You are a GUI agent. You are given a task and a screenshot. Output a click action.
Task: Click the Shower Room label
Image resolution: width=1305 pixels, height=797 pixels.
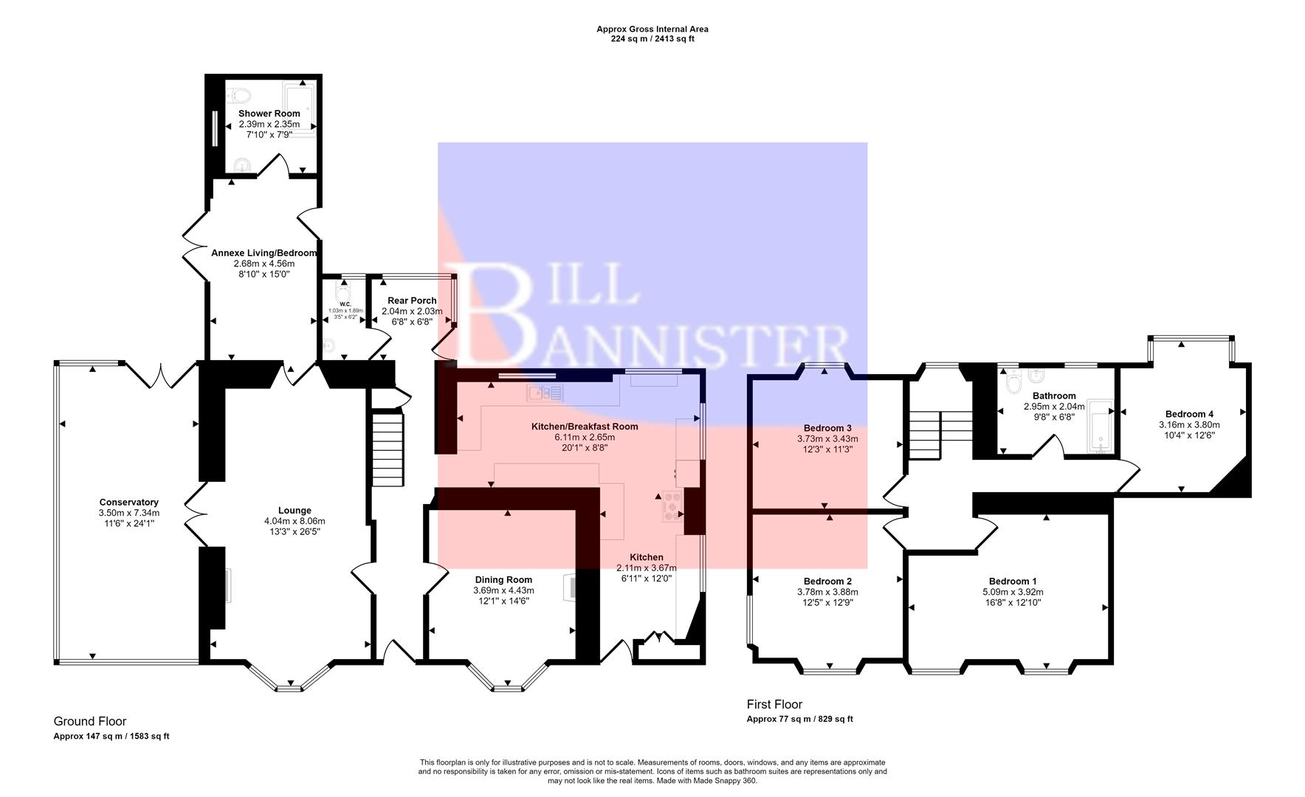tap(269, 114)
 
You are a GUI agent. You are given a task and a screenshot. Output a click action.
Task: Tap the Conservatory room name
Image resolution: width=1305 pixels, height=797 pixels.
tap(128, 503)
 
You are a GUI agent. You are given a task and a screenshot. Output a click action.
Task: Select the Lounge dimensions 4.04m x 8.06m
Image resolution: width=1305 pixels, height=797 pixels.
tap(295, 521)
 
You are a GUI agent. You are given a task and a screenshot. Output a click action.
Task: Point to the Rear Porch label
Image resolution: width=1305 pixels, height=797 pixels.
tap(412, 300)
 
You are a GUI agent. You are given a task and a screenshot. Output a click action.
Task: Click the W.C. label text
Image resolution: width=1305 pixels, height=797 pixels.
tap(345, 304)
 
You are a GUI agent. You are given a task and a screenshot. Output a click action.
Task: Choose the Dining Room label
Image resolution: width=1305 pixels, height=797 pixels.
tap(503, 579)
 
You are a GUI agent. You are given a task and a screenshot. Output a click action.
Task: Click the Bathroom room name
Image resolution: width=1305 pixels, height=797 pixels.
tap(1054, 396)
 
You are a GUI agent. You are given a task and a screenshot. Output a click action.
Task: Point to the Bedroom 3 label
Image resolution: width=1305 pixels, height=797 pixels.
tap(827, 428)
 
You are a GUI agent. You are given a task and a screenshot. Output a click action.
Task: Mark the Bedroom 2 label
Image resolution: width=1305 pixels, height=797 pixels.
tap(827, 581)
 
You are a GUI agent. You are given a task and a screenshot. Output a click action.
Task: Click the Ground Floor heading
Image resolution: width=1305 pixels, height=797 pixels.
tap(90, 721)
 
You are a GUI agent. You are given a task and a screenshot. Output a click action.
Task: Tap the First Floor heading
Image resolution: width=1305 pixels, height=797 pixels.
tap(774, 704)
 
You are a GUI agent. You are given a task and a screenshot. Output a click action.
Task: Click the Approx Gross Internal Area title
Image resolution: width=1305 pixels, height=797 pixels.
tap(652, 30)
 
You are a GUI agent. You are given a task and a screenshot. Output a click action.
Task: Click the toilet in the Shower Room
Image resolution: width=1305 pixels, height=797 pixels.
tap(239, 94)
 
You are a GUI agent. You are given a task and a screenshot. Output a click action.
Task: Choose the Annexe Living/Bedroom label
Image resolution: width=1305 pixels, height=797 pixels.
tap(264, 253)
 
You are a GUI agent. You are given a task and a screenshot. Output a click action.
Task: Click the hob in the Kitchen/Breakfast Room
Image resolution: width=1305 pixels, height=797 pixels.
tap(672, 506)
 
